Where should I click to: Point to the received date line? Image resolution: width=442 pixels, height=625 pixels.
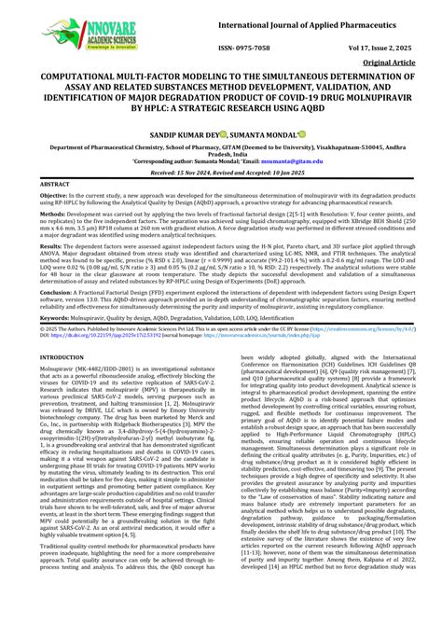221,174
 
